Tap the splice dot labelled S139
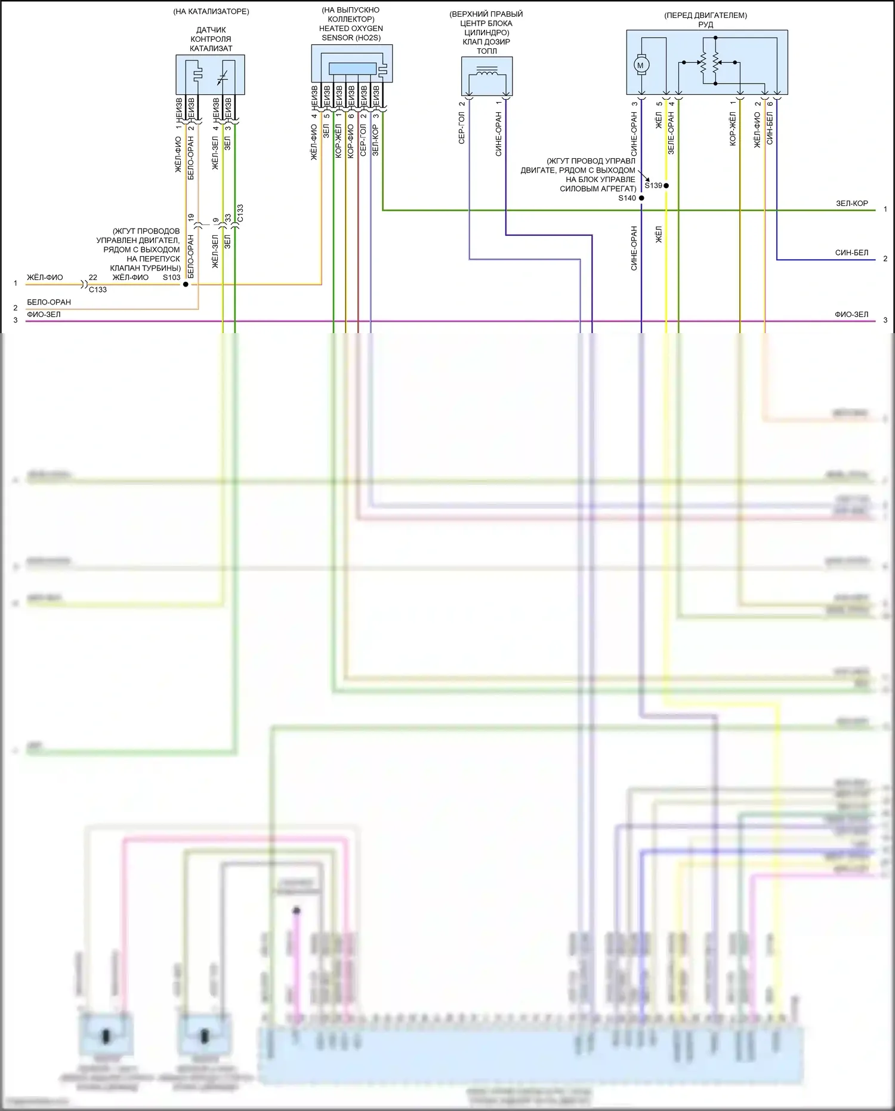(x=666, y=186)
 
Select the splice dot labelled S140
(x=641, y=198)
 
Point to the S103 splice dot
(x=186, y=284)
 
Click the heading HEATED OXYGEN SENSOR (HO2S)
(x=351, y=33)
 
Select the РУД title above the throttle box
(x=706, y=24)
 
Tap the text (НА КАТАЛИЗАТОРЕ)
(x=211, y=11)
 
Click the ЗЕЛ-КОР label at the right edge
(x=851, y=204)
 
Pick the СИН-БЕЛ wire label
(x=851, y=253)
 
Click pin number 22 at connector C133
(x=93, y=278)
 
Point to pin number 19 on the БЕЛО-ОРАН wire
(x=191, y=218)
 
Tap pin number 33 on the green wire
(x=227, y=218)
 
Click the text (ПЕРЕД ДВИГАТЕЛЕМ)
(x=706, y=15)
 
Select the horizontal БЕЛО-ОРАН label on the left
(x=49, y=302)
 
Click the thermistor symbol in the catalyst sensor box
(x=222, y=77)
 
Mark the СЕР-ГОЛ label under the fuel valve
(x=462, y=128)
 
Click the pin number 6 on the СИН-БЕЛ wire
(x=770, y=104)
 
